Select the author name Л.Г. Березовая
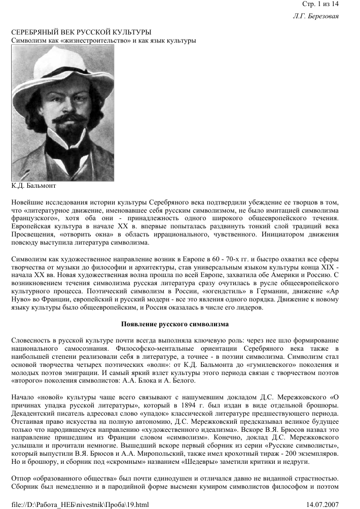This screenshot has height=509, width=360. pos(316,16)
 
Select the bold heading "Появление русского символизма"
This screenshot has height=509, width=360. pos(175,323)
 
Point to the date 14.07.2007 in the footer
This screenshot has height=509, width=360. pos(323,504)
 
